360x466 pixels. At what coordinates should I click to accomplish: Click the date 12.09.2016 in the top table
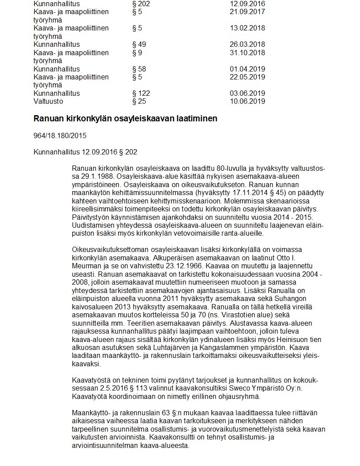(247, 4)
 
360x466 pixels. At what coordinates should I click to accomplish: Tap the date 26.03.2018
(247, 45)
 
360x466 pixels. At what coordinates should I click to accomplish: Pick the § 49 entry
(139, 45)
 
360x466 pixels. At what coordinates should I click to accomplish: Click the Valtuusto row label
(48, 101)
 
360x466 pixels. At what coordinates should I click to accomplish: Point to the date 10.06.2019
(247, 101)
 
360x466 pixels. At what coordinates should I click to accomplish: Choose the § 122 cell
(141, 94)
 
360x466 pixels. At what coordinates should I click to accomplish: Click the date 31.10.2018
(247, 53)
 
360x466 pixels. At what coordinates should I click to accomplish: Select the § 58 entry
(139, 69)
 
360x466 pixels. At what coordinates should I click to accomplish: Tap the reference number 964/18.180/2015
(60, 136)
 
